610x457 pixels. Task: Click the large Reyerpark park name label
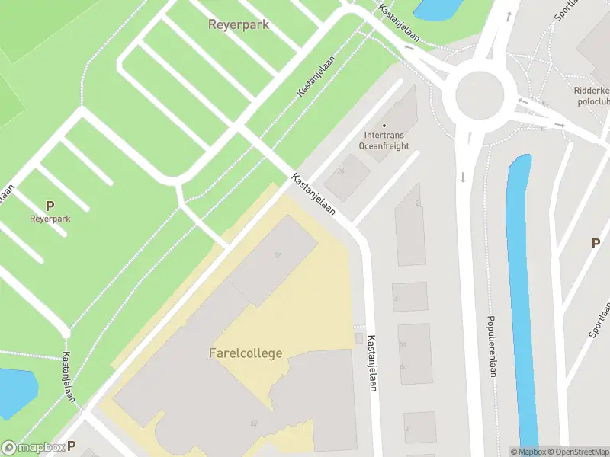(x=239, y=24)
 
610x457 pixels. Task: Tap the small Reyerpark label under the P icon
(x=50, y=219)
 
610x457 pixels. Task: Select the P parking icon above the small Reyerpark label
(x=50, y=206)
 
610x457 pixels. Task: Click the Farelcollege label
(x=246, y=353)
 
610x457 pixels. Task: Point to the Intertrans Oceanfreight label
(x=384, y=140)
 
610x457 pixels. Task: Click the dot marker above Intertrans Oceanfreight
(x=384, y=126)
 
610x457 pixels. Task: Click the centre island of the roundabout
(x=480, y=97)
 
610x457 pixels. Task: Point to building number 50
(x=253, y=423)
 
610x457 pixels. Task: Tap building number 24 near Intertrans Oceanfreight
(x=342, y=171)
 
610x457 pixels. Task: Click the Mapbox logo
(x=32, y=448)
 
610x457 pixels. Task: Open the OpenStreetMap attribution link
(x=576, y=452)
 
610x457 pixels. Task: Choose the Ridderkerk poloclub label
(x=591, y=94)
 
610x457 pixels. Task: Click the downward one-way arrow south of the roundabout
(x=463, y=177)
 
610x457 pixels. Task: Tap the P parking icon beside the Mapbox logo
(x=72, y=446)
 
